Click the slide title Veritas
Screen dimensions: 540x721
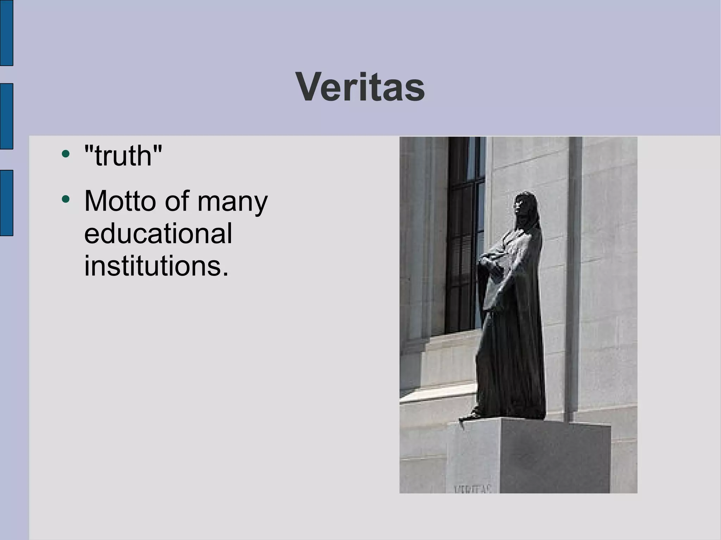(x=360, y=87)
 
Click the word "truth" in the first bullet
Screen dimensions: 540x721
(x=123, y=156)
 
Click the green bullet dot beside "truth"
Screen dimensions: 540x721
(x=65, y=154)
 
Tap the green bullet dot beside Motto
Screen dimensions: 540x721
(x=65, y=199)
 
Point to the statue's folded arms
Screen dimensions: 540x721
(x=493, y=260)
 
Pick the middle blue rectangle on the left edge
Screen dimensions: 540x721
(x=6, y=116)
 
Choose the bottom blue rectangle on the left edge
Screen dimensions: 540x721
(x=6, y=203)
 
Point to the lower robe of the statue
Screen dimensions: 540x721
(x=510, y=369)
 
